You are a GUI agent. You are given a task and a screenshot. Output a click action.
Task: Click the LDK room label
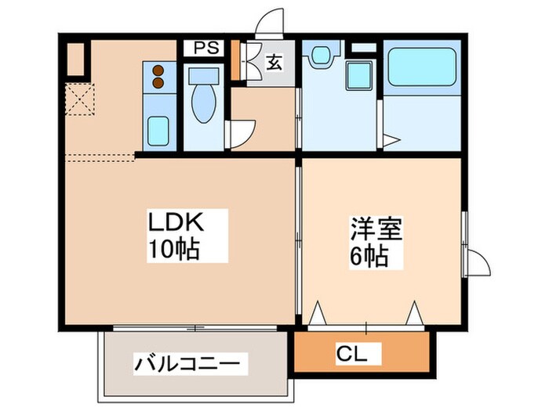pyautogui.click(x=177, y=222)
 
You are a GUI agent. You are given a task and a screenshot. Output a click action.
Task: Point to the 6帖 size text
pyautogui.click(x=369, y=257)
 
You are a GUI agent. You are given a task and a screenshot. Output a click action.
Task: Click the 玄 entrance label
pyautogui.click(x=274, y=62)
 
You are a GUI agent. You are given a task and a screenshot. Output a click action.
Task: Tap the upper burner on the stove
pyautogui.click(x=158, y=68)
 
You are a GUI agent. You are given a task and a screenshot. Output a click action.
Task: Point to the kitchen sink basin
pyautogui.click(x=158, y=128)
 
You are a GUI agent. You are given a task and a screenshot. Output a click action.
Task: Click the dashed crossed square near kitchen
pyautogui.click(x=78, y=100)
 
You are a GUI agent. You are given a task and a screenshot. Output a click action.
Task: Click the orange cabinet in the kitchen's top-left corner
pyautogui.click(x=75, y=57)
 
